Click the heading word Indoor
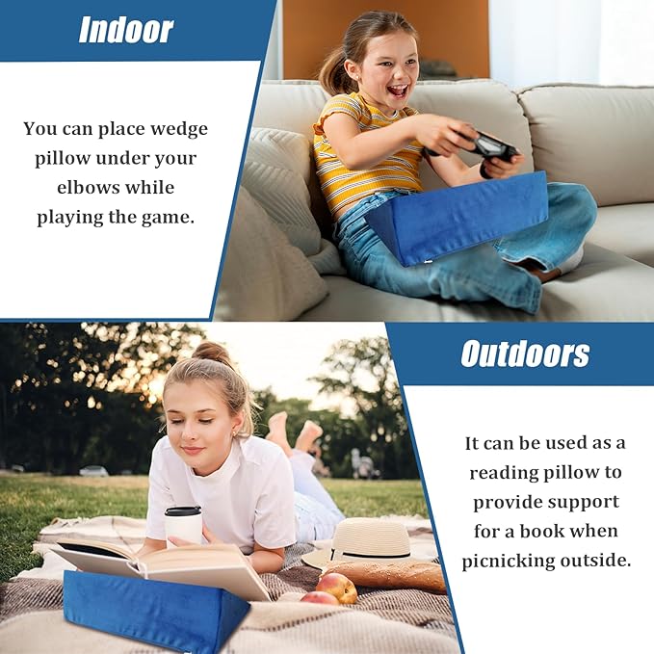click(x=126, y=30)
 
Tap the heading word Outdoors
click(x=525, y=353)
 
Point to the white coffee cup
click(x=183, y=526)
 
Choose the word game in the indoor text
click(x=170, y=217)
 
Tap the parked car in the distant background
click(x=93, y=471)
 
